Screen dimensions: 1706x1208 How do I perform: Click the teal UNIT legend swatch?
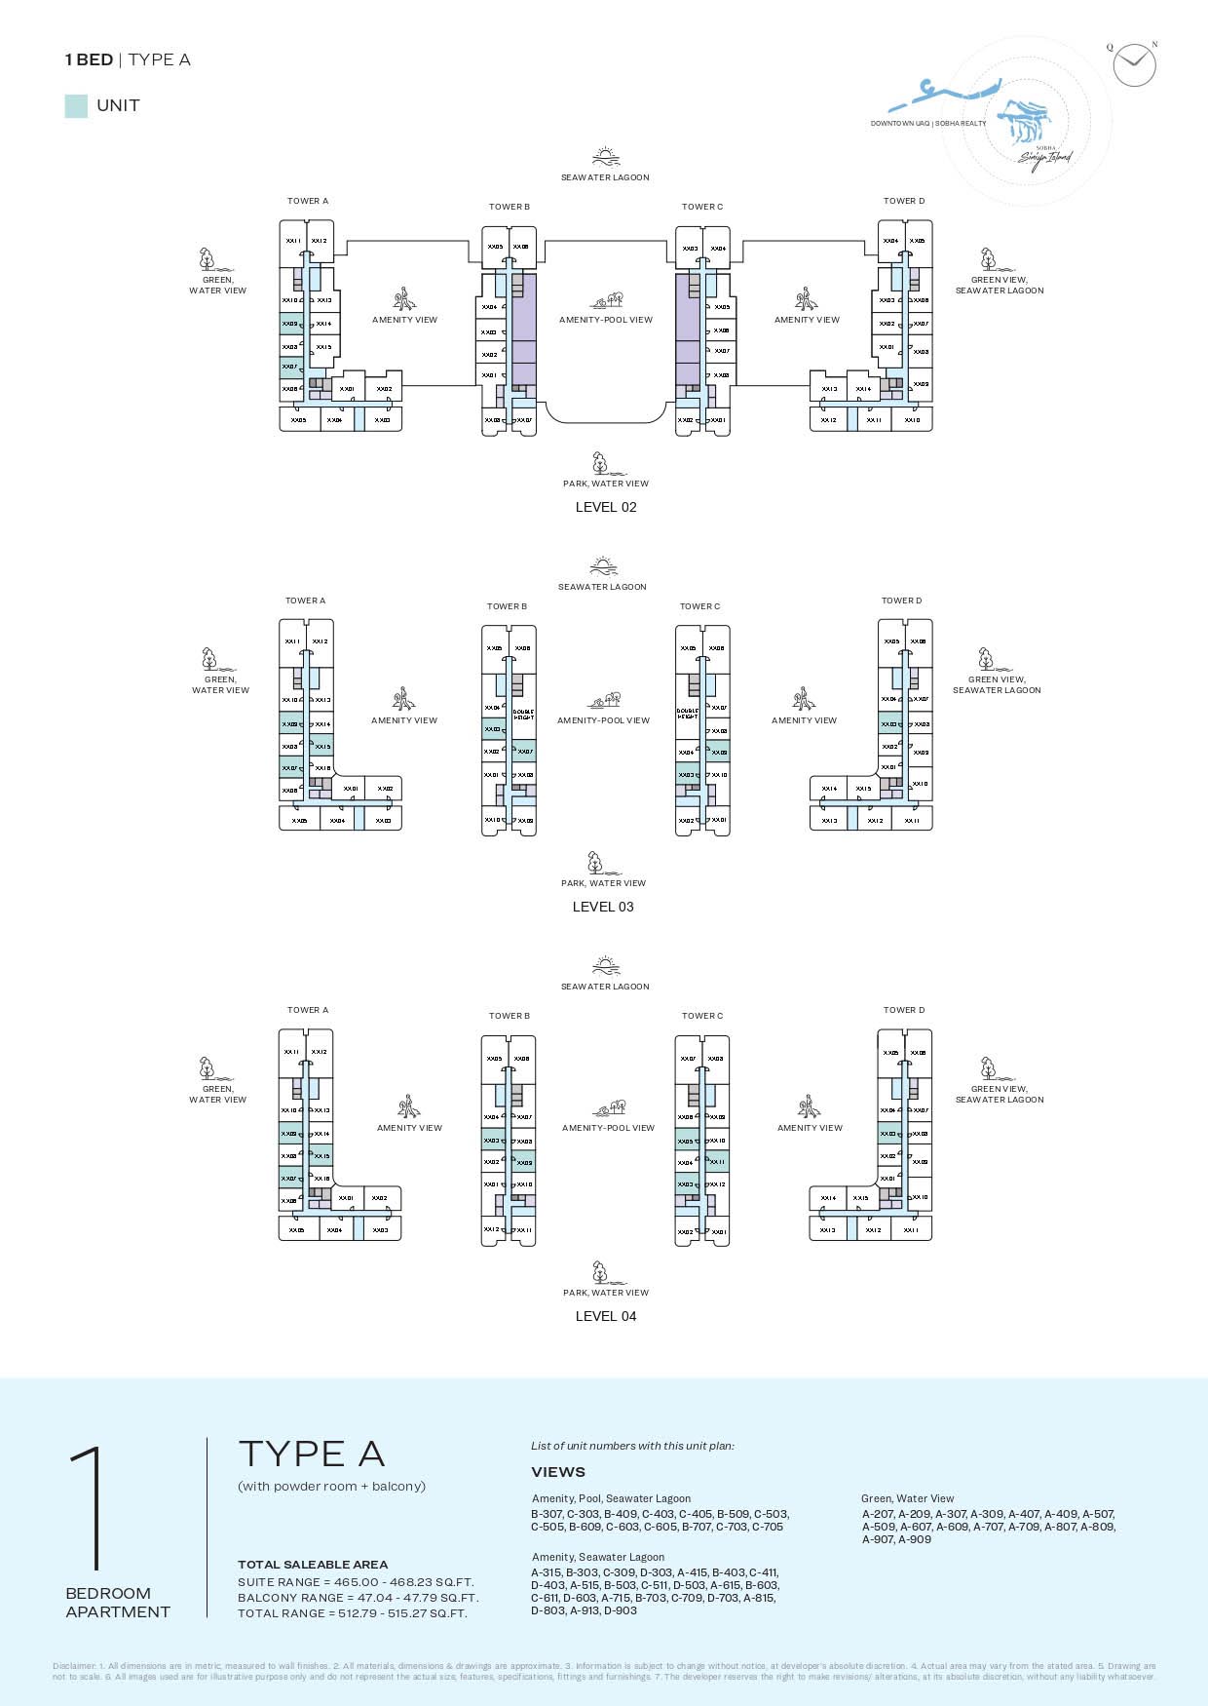pyautogui.click(x=76, y=106)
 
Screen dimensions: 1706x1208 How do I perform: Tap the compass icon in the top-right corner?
pyautogui.click(x=1134, y=65)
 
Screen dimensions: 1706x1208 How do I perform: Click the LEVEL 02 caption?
pyautogui.click(x=606, y=507)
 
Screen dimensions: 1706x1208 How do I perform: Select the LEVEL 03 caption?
pyautogui.click(x=603, y=907)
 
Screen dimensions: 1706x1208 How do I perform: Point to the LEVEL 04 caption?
pyautogui.click(x=606, y=1316)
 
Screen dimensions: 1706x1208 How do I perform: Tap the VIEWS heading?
pyautogui.click(x=558, y=1472)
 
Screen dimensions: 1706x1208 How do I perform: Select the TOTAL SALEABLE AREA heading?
pyautogui.click(x=313, y=1565)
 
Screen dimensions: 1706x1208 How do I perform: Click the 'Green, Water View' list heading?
pyautogui.click(x=907, y=1498)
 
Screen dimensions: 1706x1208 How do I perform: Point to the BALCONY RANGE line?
pyautogui.click(x=358, y=1598)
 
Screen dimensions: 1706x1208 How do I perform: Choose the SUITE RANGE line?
pyautogui.click(x=356, y=1582)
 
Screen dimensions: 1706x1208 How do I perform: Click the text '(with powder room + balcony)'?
pyautogui.click(x=331, y=1487)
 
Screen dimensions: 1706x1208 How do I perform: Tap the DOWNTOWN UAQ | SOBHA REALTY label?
pyautogui.click(x=928, y=124)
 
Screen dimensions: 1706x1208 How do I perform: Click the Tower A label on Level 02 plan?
pyautogui.click(x=308, y=201)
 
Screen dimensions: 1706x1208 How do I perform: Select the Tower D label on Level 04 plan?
pyautogui.click(x=904, y=1010)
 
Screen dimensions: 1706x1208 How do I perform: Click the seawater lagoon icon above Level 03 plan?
pyautogui.click(x=603, y=567)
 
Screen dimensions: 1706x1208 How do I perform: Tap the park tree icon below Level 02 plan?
pyautogui.click(x=600, y=462)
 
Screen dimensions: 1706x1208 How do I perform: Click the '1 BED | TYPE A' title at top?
pyautogui.click(x=128, y=59)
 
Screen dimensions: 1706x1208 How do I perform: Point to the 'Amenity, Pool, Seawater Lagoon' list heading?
pyautogui.click(x=611, y=1498)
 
